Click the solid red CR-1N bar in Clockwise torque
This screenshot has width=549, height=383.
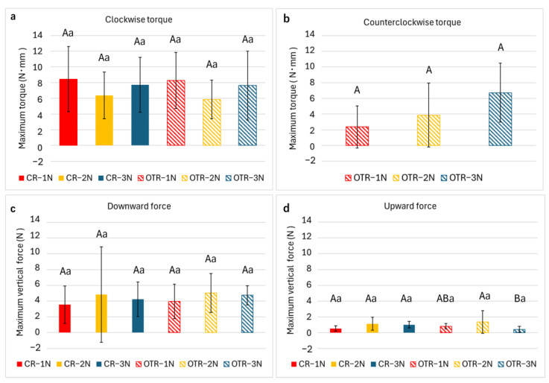pyautogui.click(x=69, y=112)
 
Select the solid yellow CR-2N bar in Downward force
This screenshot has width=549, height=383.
pyautogui.click(x=101, y=314)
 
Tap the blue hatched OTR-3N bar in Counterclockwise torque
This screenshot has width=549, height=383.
pyautogui.click(x=500, y=119)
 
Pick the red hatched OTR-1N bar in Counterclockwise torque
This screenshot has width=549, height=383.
pyautogui.click(x=357, y=136)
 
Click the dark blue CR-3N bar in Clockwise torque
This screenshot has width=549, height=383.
pyautogui.click(x=140, y=115)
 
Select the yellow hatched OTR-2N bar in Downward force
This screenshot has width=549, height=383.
pyautogui.click(x=211, y=313)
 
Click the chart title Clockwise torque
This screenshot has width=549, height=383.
pyautogui.click(x=139, y=19)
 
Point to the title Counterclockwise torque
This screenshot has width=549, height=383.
pyautogui.click(x=412, y=22)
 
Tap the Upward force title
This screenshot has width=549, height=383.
pyautogui.click(x=410, y=206)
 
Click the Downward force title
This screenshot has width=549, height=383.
pyautogui.click(x=139, y=206)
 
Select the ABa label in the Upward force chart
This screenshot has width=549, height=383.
pyautogui.click(x=445, y=299)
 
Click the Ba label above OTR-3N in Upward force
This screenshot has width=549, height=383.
pyautogui.click(x=520, y=299)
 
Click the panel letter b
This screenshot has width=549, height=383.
pyautogui.click(x=286, y=18)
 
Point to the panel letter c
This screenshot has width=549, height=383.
pyautogui.click(x=13, y=209)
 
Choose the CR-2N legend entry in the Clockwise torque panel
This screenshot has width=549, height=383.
pyautogui.click(x=76, y=178)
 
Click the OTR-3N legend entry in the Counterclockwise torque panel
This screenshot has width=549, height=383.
pyautogui.click(x=462, y=177)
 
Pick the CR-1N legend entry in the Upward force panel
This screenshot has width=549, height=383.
pyautogui.click(x=308, y=364)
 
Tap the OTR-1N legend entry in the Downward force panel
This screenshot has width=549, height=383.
pyautogui.click(x=155, y=364)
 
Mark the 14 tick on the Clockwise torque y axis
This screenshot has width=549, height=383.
pyautogui.click(x=37, y=35)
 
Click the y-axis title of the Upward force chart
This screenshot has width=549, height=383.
pyautogui.click(x=291, y=279)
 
